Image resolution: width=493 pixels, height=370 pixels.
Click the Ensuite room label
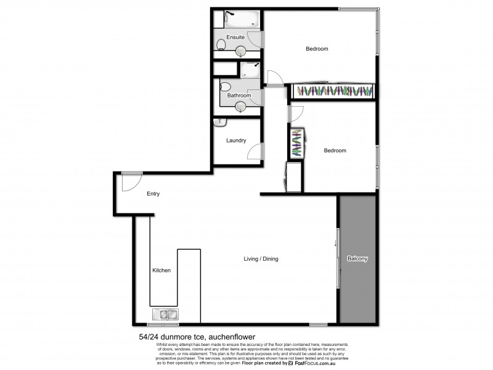[235, 38]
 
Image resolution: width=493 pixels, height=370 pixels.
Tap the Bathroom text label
[238, 96]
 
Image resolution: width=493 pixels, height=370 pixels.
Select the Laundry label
[236, 141]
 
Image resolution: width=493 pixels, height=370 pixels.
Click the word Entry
[153, 194]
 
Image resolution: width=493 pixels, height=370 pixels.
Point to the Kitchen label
[161, 270]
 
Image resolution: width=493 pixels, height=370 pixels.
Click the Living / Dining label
[261, 259]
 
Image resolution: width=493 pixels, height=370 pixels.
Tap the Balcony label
[357, 259]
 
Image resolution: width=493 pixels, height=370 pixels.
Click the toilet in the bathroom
[226, 87]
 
